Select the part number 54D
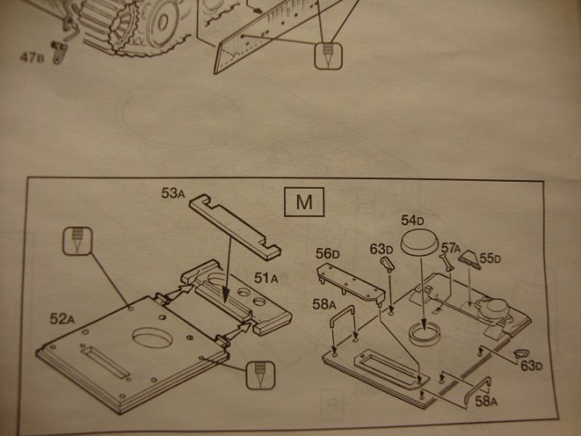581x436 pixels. coord(413,222)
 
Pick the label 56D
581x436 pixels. coord(328,253)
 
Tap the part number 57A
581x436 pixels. coord(449,247)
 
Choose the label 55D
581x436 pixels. coord(490,259)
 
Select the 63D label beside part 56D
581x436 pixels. coord(381,248)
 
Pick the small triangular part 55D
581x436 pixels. coord(470,260)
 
